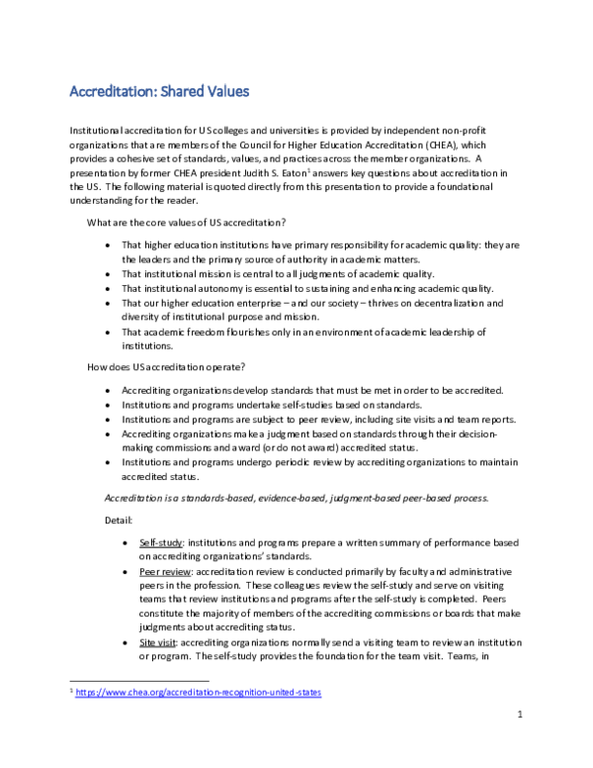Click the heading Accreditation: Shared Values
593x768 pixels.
pyautogui.click(x=158, y=92)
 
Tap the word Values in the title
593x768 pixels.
pyautogui.click(x=222, y=92)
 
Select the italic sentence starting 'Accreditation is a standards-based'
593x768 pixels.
pyautogui.click(x=296, y=497)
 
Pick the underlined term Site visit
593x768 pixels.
pyautogui.click(x=160, y=641)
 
